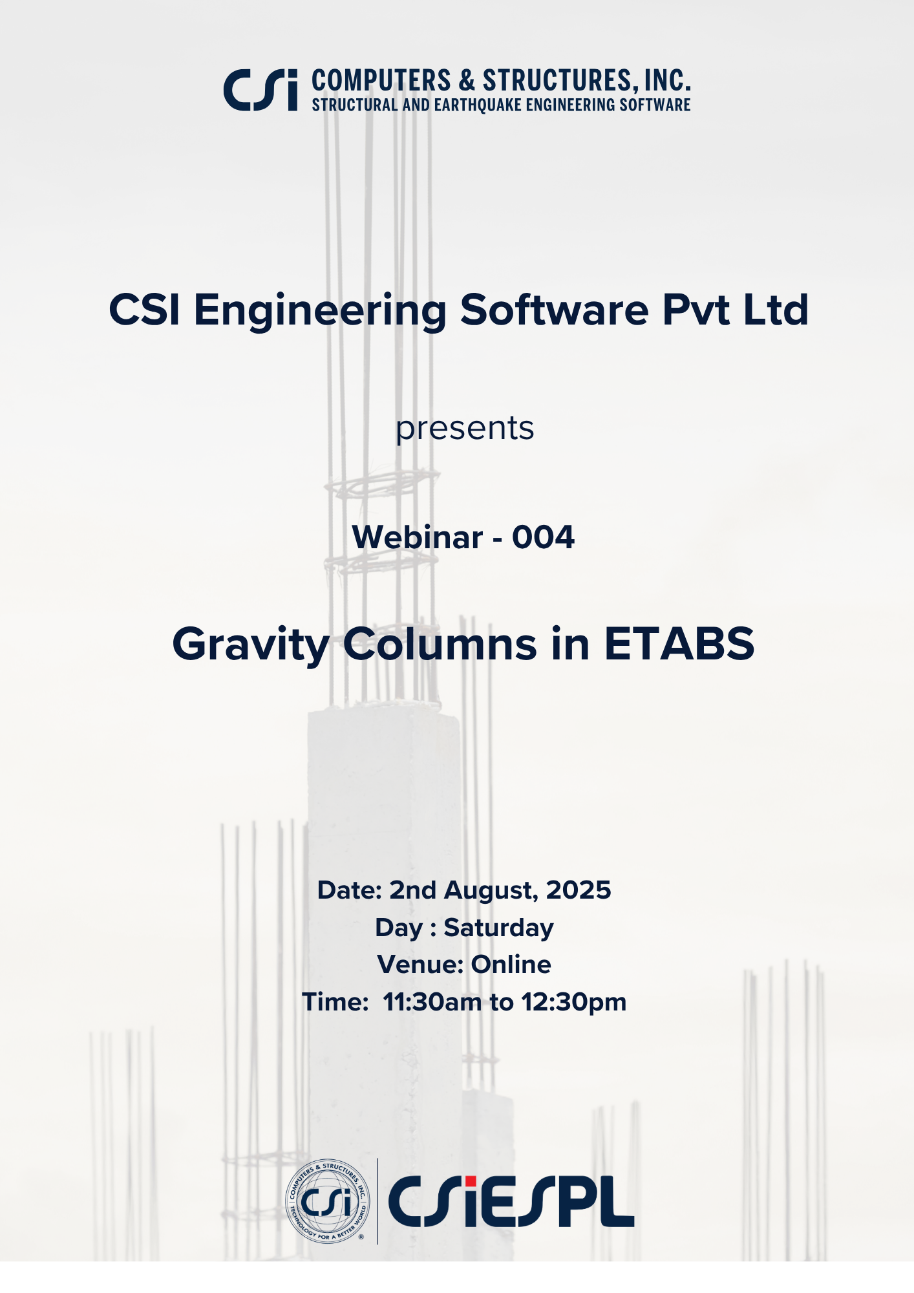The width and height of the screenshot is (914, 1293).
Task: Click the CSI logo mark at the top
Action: pos(260,89)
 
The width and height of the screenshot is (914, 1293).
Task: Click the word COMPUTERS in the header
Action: pos(381,81)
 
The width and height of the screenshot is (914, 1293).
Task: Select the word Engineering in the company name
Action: pos(320,311)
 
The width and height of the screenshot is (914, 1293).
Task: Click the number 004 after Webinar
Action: pos(543,537)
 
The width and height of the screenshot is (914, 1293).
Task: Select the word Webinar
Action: pos(417,537)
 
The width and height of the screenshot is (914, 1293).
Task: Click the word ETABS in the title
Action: pos(679,644)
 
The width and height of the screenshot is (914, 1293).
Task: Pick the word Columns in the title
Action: pos(440,644)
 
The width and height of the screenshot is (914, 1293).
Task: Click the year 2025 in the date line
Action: pos(579,890)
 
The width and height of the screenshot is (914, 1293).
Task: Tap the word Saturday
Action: pos(498,928)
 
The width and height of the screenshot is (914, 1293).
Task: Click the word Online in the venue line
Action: pos(511,965)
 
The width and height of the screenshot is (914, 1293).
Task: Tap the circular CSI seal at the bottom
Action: pos(328,1201)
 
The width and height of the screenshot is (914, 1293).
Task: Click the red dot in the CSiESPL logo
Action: pos(469,1181)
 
